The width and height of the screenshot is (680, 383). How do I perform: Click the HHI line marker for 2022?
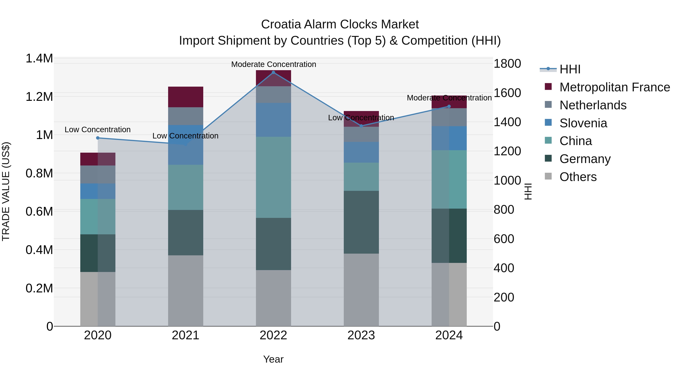pos(274,72)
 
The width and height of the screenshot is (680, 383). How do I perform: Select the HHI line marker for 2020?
pos(98,138)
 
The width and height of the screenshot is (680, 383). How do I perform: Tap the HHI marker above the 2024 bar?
pos(449,106)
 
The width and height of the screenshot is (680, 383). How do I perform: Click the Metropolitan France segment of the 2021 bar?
pos(185,97)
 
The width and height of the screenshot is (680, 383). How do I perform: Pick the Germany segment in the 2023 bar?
pos(361,222)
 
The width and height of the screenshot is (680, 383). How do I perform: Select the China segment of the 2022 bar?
pos(274,177)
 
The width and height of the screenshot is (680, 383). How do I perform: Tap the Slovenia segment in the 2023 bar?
pos(361,152)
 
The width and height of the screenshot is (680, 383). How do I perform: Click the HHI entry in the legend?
pos(570,69)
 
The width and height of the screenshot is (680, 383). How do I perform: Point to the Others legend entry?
pos(578,177)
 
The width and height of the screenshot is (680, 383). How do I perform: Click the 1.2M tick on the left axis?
pos(39,97)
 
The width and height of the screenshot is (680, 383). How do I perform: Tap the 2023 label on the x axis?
pos(361,335)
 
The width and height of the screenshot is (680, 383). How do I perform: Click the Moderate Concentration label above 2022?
pos(274,64)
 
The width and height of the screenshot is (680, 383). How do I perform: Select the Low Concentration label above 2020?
pos(98,130)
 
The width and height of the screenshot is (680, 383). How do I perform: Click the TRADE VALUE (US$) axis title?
pos(6,191)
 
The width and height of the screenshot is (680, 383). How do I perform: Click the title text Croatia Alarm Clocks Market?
pos(340,24)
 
